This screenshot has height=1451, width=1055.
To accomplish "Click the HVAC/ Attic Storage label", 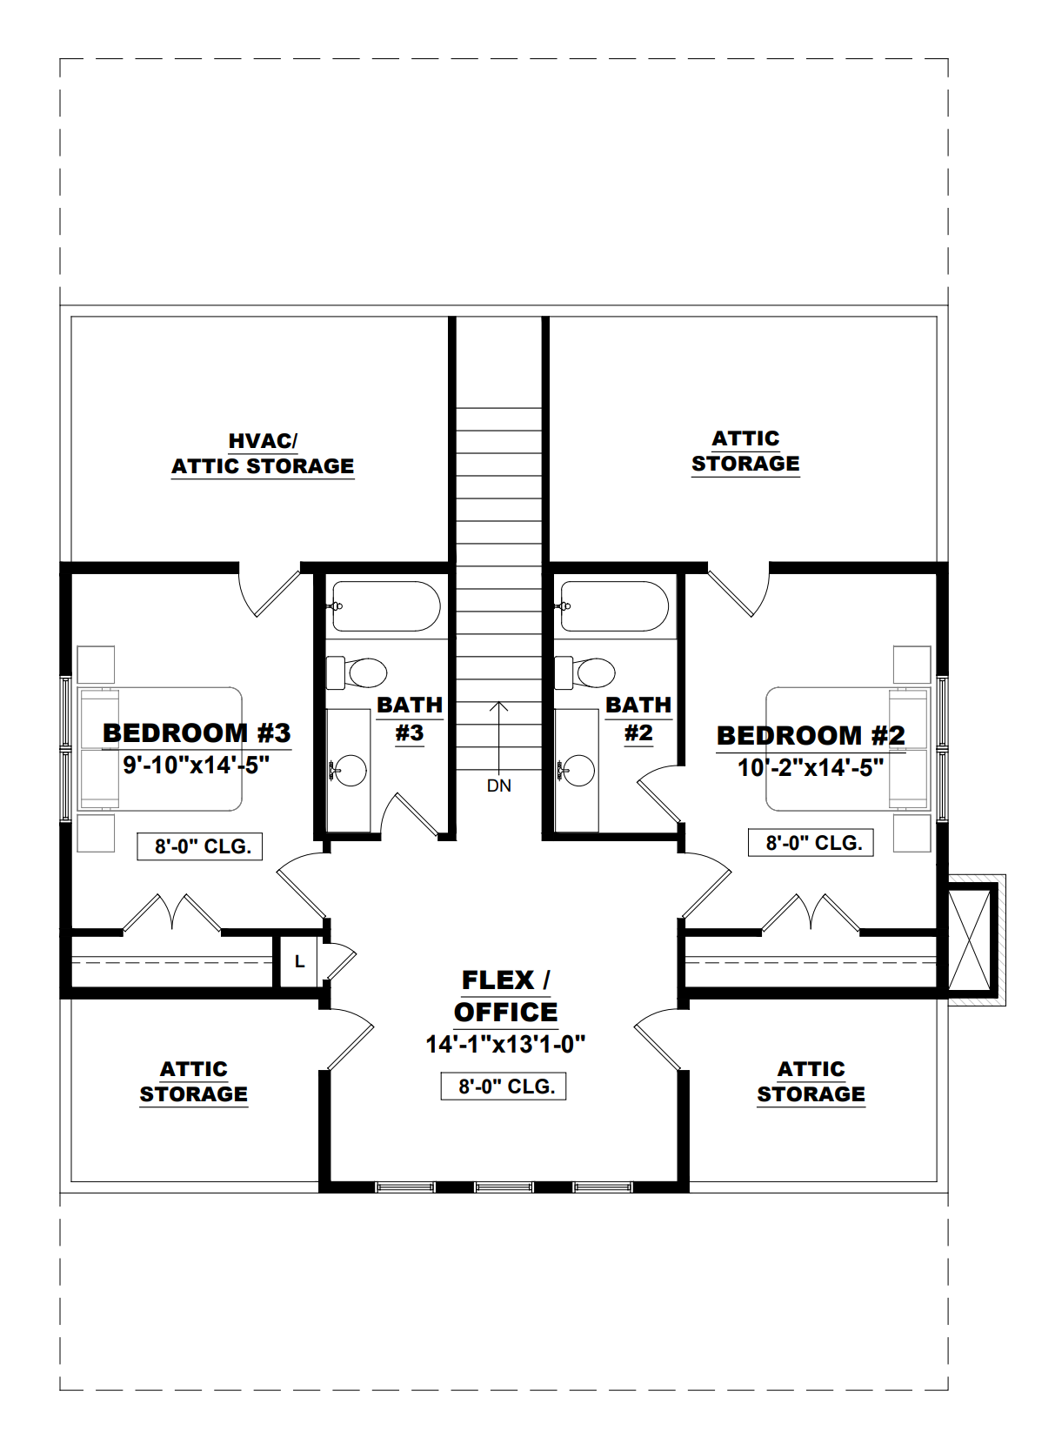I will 263,454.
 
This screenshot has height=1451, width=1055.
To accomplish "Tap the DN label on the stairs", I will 499,786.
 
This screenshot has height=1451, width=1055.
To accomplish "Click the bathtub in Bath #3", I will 386,606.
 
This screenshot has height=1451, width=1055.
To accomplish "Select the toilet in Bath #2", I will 586,672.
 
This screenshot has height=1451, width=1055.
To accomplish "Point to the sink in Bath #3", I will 350,770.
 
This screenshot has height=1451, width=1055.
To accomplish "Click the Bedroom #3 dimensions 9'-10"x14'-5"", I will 196,766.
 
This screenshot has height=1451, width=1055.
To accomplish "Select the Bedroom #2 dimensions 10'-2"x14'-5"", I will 811,768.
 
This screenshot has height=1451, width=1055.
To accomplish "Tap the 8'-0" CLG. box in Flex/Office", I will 504,1087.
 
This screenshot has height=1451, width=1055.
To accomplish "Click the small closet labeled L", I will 299,961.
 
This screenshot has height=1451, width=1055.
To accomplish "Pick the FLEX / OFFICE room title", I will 505,996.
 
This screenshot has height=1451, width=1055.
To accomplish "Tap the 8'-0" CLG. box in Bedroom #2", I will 811,843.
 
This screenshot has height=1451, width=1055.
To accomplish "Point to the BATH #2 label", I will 638,719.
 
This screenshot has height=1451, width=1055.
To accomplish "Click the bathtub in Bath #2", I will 615,606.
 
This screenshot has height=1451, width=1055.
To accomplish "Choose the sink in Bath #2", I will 578,770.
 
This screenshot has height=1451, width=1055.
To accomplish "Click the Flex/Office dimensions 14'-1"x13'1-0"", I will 505,1044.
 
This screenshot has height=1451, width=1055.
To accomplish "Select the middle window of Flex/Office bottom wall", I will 504,1187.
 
